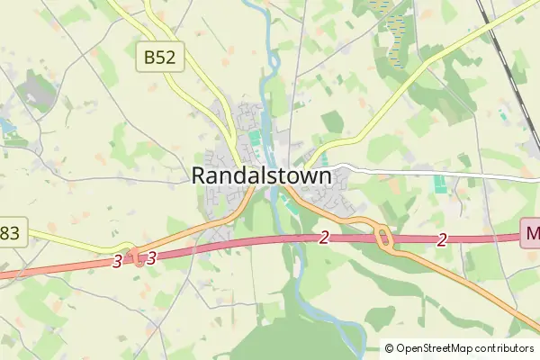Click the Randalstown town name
click(x=261, y=175)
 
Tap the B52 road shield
click(x=161, y=58)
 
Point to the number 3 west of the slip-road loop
click(x=118, y=261)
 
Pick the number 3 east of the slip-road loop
click(x=151, y=256)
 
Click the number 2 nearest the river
click(x=324, y=238)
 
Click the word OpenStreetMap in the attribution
click(x=436, y=348)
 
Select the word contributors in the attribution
click(x=506, y=348)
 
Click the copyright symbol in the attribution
click(x=389, y=348)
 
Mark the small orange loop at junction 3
click(x=138, y=257)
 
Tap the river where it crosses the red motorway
click(x=294, y=239)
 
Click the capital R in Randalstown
click(x=200, y=176)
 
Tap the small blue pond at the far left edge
click(x=7, y=127)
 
